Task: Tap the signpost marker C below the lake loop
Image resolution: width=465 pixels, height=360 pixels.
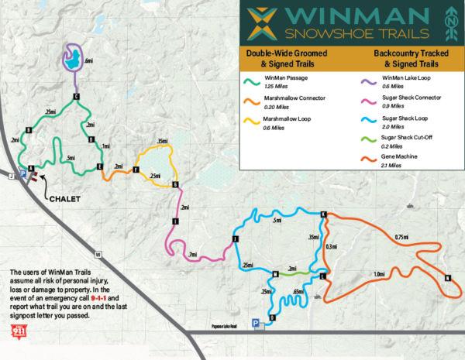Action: (76, 97)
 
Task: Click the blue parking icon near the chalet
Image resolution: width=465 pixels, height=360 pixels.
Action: (22, 176)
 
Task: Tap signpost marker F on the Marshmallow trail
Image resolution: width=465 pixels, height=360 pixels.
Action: (136, 170)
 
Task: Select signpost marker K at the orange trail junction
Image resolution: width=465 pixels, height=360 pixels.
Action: (323, 214)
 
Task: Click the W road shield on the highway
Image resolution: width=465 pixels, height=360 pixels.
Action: (98, 254)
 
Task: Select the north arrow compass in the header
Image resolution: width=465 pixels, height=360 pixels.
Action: (448, 24)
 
